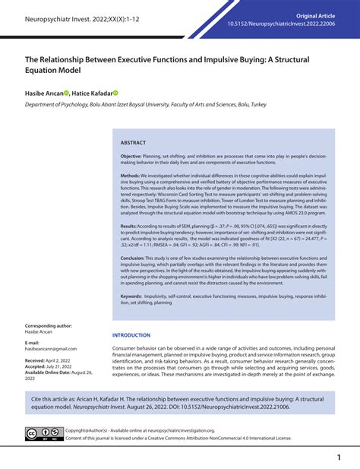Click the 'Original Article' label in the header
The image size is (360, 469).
pyautogui.click(x=315, y=16)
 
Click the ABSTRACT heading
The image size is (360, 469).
pyautogui.click(x=134, y=143)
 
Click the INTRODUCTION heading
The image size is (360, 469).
pyautogui.click(x=131, y=335)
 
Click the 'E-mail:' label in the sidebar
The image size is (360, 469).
pyautogui.click(x=32, y=342)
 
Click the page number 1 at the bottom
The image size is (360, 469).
pyautogui.click(x=337, y=457)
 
